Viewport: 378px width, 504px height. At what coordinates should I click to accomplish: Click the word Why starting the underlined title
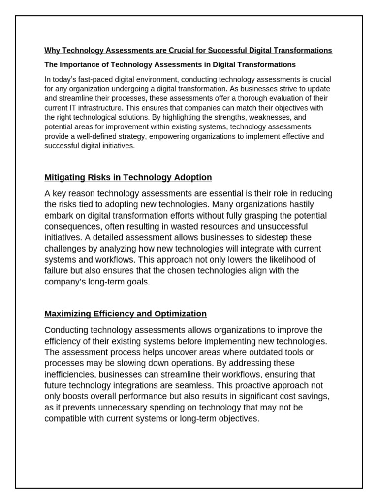tap(52, 50)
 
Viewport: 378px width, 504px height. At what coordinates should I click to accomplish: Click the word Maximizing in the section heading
tap(67, 314)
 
